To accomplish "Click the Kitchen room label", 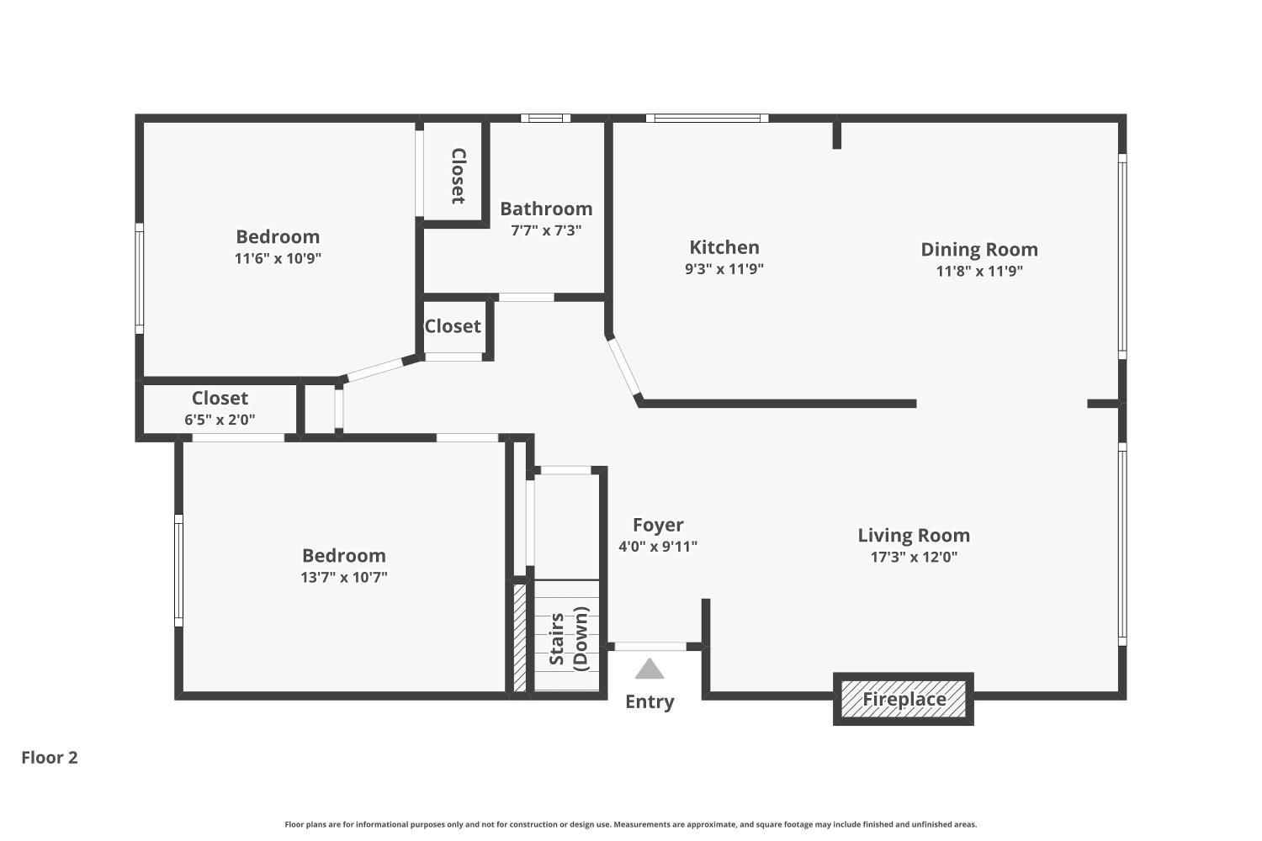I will click(x=724, y=247).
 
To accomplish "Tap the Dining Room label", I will click(x=978, y=249).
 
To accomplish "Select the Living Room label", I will click(x=913, y=535).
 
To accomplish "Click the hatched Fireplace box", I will click(x=904, y=699).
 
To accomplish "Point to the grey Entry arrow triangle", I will click(x=649, y=669).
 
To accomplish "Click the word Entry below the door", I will click(x=649, y=701).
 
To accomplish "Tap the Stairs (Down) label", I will click(x=569, y=638).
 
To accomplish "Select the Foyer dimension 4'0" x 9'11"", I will click(x=657, y=547).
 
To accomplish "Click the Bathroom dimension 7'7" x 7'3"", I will click(x=545, y=230).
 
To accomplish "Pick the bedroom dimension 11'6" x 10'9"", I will click(x=278, y=258).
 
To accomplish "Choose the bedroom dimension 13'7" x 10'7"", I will click(x=343, y=577).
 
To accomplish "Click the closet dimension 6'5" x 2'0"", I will click(x=220, y=420).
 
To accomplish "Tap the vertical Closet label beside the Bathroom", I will click(x=458, y=176).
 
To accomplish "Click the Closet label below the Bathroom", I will click(x=453, y=326).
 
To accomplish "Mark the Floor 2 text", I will click(x=50, y=758).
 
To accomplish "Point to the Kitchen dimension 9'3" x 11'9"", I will click(x=724, y=269).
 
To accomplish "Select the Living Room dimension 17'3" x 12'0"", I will click(x=913, y=557).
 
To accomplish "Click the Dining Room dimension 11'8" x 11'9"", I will click(x=978, y=271).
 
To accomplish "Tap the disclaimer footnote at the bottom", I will click(x=630, y=825).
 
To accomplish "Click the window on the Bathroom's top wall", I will click(x=545, y=119).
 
